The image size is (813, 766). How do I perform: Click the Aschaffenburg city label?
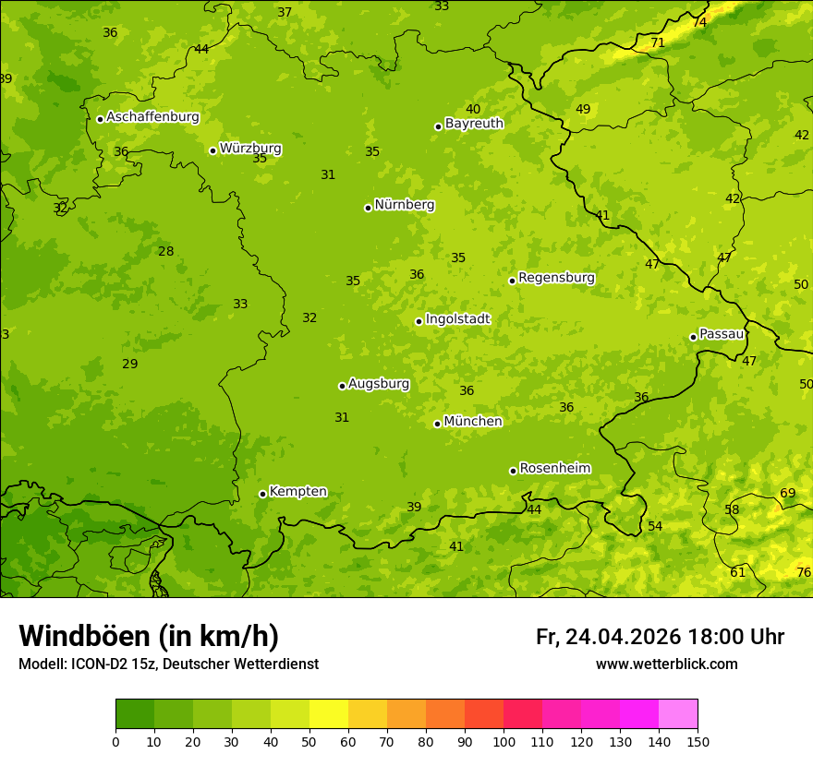pos(152,117)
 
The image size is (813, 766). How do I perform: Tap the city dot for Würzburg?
pos(212,150)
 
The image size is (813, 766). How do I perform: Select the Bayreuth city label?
pos(474,124)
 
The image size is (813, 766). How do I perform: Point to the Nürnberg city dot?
pos(368,208)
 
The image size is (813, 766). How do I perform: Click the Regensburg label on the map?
pos(556,278)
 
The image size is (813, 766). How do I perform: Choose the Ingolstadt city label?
pos(457,319)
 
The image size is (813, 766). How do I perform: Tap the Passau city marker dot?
pos(693,337)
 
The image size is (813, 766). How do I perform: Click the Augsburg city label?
pos(378,384)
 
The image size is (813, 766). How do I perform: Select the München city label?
pos(473,422)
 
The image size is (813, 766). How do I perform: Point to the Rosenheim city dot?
pos(513,471)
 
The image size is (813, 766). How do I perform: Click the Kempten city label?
pos(297,492)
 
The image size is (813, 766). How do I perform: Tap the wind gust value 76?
pos(804,573)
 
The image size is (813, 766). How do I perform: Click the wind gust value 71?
pos(658,43)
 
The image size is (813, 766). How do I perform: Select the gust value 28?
pos(166,252)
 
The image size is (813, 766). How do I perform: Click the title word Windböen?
pos(84,636)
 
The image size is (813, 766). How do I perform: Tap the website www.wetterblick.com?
pos(666,664)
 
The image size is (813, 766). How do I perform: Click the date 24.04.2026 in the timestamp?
pos(624,637)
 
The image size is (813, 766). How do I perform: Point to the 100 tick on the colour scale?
pos(504,741)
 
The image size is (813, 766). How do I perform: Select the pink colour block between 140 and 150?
pos(678,714)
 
